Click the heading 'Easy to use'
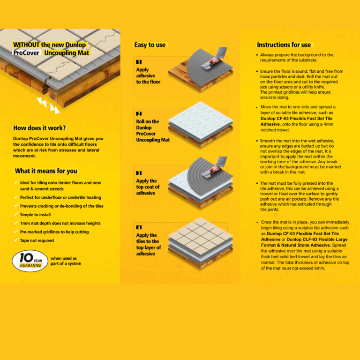[150, 45]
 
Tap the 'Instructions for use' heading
[284, 45]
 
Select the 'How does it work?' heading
[39, 128]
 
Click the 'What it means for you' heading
[46, 171]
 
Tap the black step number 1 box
[139, 62]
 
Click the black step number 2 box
[139, 114]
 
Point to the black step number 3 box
[139, 173]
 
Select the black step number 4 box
[139, 227]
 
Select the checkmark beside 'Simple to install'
[17, 215]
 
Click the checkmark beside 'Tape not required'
[17, 240]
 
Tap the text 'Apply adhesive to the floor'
[148, 75]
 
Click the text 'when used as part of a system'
[66, 261]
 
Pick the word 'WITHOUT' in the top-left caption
[26, 45]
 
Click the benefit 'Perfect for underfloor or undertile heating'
[60, 197]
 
